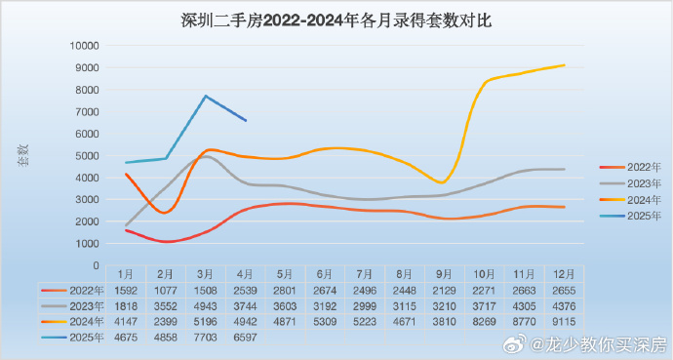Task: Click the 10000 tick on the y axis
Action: (x=85, y=46)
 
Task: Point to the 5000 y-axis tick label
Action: (x=88, y=156)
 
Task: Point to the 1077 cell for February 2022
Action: (x=165, y=290)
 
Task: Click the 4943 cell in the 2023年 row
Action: (x=206, y=304)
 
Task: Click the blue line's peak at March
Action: (x=205, y=96)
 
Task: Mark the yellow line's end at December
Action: (x=564, y=65)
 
